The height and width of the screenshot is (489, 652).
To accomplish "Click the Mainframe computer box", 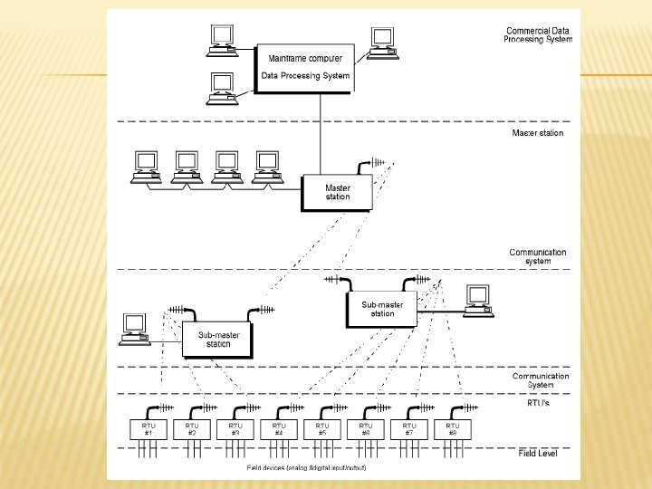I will point(304,67).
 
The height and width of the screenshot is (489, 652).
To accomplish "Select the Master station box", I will point(337,192).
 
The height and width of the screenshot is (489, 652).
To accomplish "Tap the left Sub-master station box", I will point(218,340).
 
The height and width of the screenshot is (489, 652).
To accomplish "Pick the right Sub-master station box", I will point(381,309).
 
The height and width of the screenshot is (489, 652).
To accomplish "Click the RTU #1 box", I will point(149,429).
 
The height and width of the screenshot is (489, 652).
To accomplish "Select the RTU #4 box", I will point(279,429).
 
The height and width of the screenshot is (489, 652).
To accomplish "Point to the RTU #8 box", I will point(453,429).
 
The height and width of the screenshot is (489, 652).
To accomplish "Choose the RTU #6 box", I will point(366,429).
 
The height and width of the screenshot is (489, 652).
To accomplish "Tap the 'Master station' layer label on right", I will point(537,133).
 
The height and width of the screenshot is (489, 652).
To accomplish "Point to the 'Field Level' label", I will point(537,453).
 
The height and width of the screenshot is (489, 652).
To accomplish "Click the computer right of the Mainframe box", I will point(383,42).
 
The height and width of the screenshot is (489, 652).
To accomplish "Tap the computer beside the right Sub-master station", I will point(476,299).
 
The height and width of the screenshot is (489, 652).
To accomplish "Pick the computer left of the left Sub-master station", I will point(135,328).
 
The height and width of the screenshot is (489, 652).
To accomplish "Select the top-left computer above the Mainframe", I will point(222,35).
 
